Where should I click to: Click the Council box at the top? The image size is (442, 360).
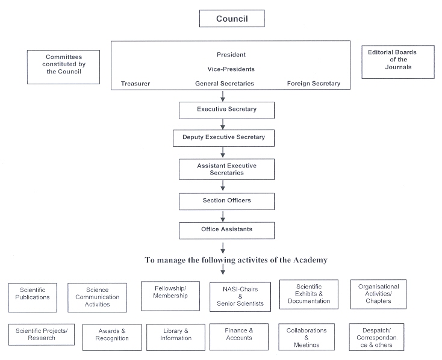[x=232, y=19]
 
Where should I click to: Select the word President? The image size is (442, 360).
[x=231, y=55]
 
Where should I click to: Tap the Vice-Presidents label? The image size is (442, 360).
[x=231, y=69]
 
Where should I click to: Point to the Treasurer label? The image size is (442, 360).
[x=135, y=84]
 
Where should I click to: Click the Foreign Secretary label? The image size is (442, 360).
[x=314, y=84]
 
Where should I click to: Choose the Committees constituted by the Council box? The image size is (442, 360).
[x=63, y=67]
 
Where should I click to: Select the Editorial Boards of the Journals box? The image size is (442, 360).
[x=398, y=62]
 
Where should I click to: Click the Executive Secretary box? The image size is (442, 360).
[x=226, y=110]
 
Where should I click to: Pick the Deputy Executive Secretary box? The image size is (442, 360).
[x=223, y=138]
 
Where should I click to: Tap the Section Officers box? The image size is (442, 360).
[x=226, y=201]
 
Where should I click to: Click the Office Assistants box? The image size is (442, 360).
[x=226, y=231]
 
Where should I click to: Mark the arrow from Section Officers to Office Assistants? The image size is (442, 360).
[x=223, y=216]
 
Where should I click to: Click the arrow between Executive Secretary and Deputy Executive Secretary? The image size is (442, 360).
[x=223, y=125]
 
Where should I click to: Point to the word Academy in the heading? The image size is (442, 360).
[x=310, y=260]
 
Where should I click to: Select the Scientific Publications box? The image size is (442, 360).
[x=33, y=298]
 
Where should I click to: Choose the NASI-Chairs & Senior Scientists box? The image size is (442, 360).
[x=240, y=297]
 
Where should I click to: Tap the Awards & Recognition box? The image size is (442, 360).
[x=112, y=337]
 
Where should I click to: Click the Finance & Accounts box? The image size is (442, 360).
[x=239, y=337]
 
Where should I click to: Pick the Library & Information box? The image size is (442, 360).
[x=176, y=337]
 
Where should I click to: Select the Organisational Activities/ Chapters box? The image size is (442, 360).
[x=378, y=294]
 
